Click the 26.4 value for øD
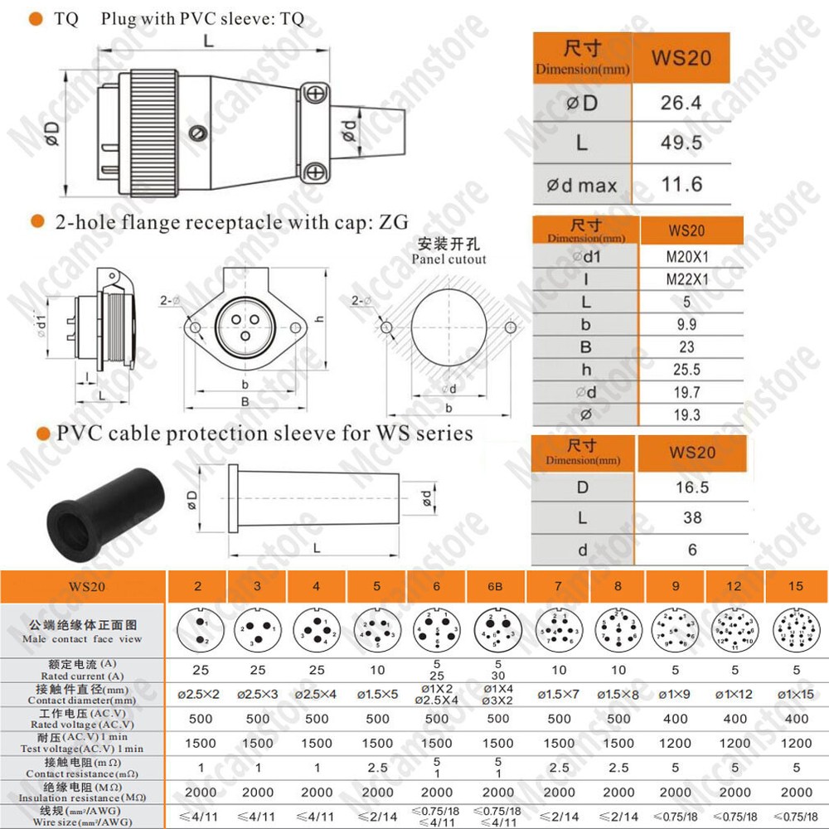(x=681, y=102)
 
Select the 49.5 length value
(x=681, y=143)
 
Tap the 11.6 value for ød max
(x=681, y=184)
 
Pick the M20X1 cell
(x=686, y=258)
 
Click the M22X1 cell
(x=686, y=280)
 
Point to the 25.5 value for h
(x=686, y=370)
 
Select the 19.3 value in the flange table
(x=686, y=414)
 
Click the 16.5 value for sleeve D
(x=691, y=487)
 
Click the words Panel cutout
(x=448, y=259)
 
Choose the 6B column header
(x=496, y=587)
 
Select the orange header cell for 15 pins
(x=796, y=587)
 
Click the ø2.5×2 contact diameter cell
(x=198, y=693)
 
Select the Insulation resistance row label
(x=83, y=793)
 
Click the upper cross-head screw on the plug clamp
(x=315, y=95)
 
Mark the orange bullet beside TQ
(x=36, y=19)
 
